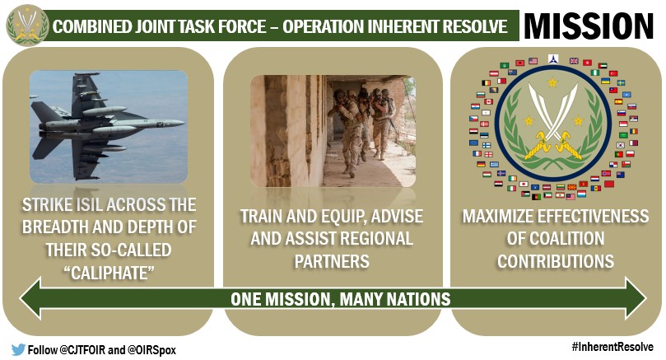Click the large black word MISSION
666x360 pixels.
tap(589, 26)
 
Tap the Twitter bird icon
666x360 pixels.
tap(18, 350)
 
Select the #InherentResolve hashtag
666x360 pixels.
tap(612, 347)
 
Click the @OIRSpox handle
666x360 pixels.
tap(151, 350)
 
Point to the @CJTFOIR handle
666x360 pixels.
tap(82, 350)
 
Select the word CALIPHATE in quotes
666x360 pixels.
tap(109, 273)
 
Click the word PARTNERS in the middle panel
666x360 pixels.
tap(332, 261)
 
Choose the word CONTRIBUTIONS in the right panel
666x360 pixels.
tap(556, 261)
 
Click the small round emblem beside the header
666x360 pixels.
tap(27, 25)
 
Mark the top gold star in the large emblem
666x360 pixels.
tap(552, 82)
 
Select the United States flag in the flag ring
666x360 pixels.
tap(533, 61)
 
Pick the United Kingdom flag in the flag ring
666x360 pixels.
tap(574, 61)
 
